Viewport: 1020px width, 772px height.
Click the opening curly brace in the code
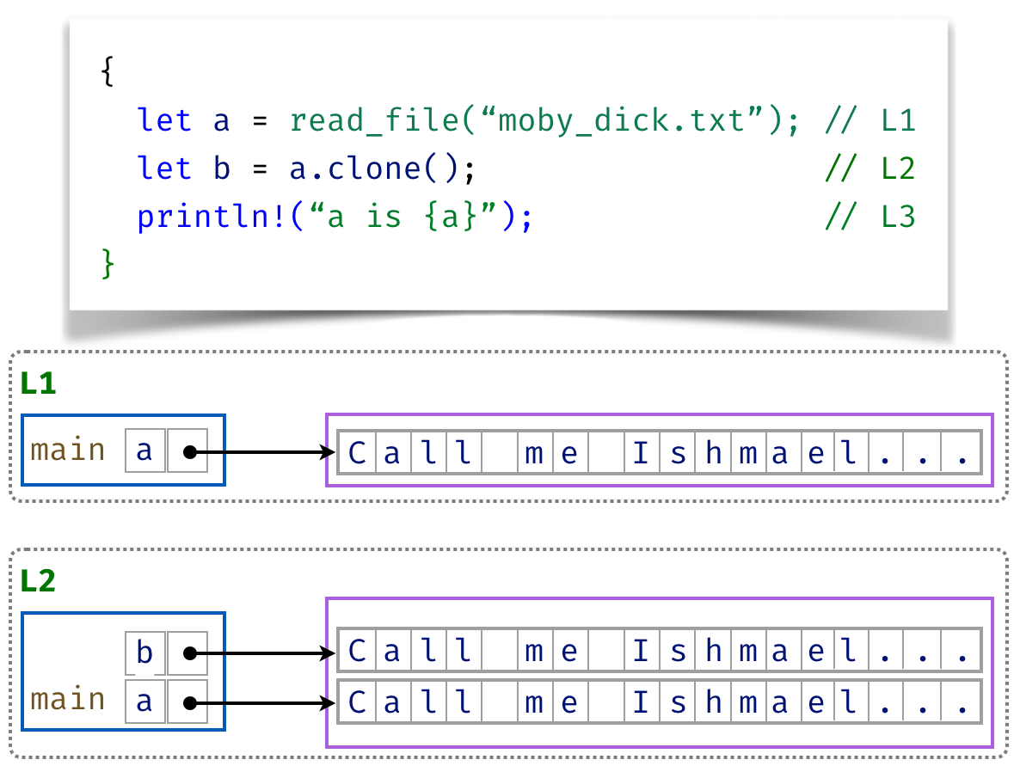[x=108, y=73]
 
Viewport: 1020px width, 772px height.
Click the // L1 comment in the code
[x=869, y=120]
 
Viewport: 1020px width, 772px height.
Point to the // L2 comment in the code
[x=869, y=168]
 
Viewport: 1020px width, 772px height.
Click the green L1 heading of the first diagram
[x=38, y=383]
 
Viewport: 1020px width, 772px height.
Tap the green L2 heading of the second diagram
[x=38, y=581]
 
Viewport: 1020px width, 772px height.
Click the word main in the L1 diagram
[x=68, y=450]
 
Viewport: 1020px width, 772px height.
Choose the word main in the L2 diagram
[x=68, y=700]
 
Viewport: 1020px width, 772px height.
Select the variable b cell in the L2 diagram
[x=144, y=653]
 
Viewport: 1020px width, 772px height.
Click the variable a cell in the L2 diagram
[x=144, y=702]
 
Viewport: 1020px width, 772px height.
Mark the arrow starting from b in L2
[x=267, y=653]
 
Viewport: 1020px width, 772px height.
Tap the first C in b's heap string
[x=357, y=653]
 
